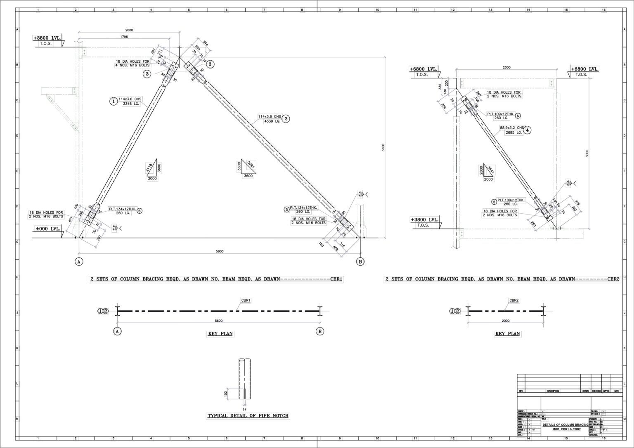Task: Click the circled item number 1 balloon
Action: point(113,101)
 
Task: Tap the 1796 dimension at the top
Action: point(124,37)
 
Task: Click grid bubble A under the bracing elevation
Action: point(79,262)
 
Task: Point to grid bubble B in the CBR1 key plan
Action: point(320,331)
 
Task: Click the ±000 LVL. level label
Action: point(47,229)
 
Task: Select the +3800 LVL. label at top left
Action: point(47,38)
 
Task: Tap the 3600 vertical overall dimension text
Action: point(383,147)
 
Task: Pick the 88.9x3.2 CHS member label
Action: point(511,128)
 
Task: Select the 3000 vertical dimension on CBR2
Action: point(587,153)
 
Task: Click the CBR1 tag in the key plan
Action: point(246,300)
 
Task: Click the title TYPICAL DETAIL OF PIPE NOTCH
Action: point(248,416)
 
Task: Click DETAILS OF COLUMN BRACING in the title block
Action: point(565,424)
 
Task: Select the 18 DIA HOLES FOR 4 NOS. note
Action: point(132,63)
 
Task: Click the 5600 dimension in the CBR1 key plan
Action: point(218,321)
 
